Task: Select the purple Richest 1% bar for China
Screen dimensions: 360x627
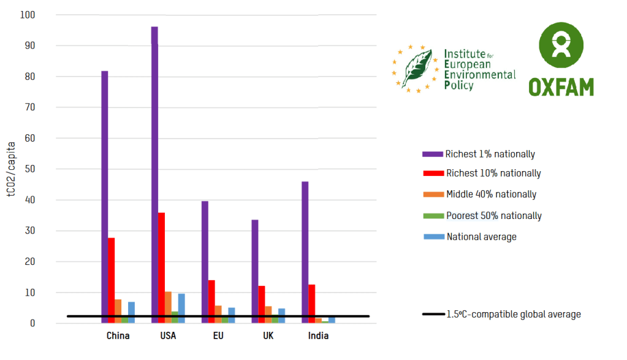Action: [105, 196]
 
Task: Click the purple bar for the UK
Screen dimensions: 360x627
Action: [255, 270]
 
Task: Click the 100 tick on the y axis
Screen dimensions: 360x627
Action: [28, 15]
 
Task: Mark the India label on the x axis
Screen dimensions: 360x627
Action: [319, 336]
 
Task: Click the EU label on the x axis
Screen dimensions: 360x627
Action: [218, 336]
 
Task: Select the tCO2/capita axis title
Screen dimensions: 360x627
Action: [11, 169]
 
